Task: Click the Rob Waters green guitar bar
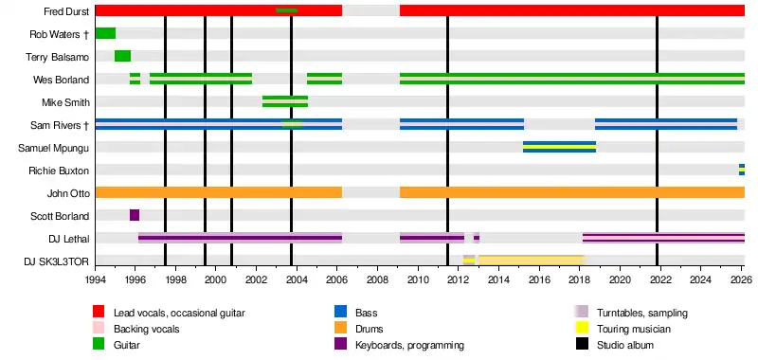click(x=105, y=33)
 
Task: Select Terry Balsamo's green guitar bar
click(x=123, y=56)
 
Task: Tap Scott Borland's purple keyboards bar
click(x=135, y=215)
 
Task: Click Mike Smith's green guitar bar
click(x=285, y=101)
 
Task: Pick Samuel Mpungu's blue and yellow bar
click(x=559, y=147)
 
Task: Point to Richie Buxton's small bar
click(x=742, y=170)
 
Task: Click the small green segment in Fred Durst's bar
click(x=287, y=10)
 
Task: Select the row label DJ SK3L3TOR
click(x=57, y=261)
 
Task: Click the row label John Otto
click(x=68, y=194)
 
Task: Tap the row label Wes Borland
click(x=62, y=80)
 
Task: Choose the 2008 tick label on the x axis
click(x=377, y=280)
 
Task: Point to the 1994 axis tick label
click(x=96, y=280)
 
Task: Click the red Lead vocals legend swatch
click(x=99, y=313)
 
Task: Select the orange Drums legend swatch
click(x=340, y=329)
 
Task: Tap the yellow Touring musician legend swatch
click(x=581, y=329)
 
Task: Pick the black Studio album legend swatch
click(x=581, y=345)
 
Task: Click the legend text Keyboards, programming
click(x=409, y=345)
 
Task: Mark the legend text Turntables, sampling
click(x=642, y=314)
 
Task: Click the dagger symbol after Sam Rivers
click(x=86, y=126)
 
